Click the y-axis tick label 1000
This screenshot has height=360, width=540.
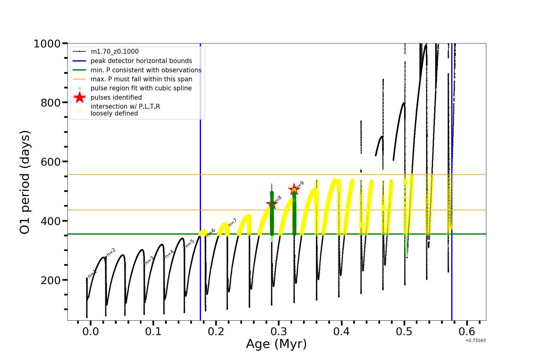(47, 44)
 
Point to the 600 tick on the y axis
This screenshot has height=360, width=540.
(50, 162)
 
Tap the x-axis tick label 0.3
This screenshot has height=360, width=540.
(279, 331)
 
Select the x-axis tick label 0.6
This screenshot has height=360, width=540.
(467, 331)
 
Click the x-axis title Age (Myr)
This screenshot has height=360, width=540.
(276, 344)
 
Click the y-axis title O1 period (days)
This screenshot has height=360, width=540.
(25, 182)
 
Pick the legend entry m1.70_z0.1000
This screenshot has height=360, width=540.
(115, 52)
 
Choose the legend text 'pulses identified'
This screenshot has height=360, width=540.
(116, 97)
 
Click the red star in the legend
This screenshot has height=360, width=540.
(79, 97)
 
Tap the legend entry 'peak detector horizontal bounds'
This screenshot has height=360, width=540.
(141, 61)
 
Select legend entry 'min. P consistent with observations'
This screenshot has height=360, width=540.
(146, 70)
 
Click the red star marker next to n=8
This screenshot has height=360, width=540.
(272, 204)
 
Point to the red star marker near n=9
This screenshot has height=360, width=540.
(294, 189)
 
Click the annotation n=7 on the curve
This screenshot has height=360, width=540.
(232, 222)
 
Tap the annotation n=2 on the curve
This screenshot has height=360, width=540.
(111, 252)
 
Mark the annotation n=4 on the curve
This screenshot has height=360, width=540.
(169, 254)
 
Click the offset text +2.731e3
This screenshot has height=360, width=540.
(475, 340)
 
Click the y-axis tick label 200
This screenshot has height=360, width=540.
(50, 280)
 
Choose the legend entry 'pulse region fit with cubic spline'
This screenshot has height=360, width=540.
(141, 88)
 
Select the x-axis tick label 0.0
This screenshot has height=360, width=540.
(91, 331)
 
